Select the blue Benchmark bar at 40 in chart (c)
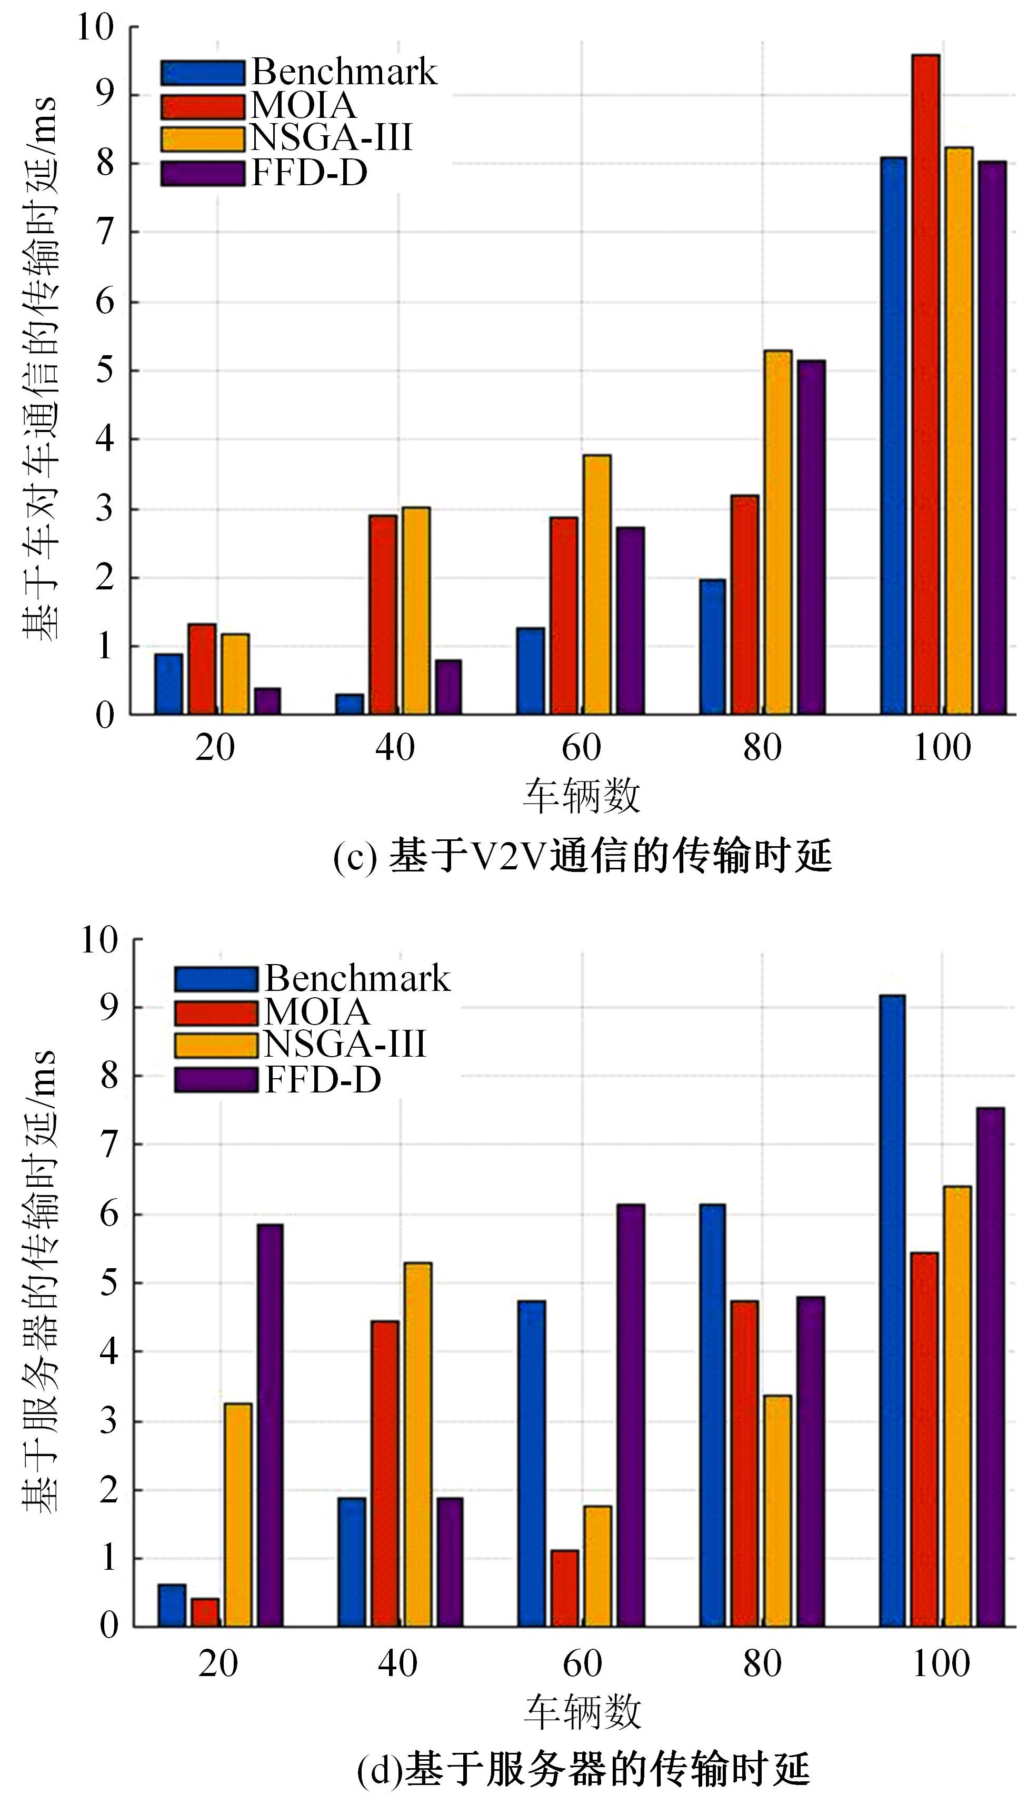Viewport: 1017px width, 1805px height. click(350, 704)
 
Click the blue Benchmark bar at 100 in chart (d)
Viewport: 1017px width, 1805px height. click(892, 1310)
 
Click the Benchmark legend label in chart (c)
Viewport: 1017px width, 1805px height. click(343, 72)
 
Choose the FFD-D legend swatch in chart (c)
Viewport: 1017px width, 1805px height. click(203, 174)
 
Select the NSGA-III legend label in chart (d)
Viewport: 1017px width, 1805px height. click(345, 1044)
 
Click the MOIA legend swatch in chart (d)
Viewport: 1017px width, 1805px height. click(216, 1012)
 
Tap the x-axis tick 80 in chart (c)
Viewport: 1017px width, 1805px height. click(762, 748)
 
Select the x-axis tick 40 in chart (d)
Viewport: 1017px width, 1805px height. click(397, 1663)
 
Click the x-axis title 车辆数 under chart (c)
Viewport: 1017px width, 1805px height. click(581, 796)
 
